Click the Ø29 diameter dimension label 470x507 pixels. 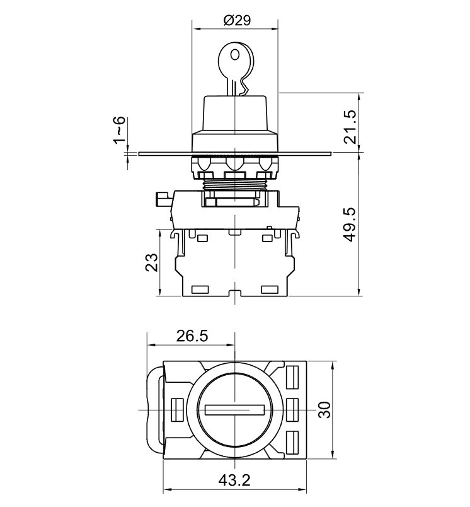pos(237,20)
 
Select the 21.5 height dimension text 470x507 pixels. pos(350,127)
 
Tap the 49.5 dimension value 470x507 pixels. pos(350,224)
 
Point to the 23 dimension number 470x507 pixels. pos(152,262)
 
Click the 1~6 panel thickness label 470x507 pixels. pos(119,130)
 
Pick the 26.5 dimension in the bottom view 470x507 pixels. pos(192,336)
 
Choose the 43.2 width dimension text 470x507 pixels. pos(234,480)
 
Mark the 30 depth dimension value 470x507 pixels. pos(324,410)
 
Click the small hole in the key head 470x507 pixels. pos(234,55)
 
